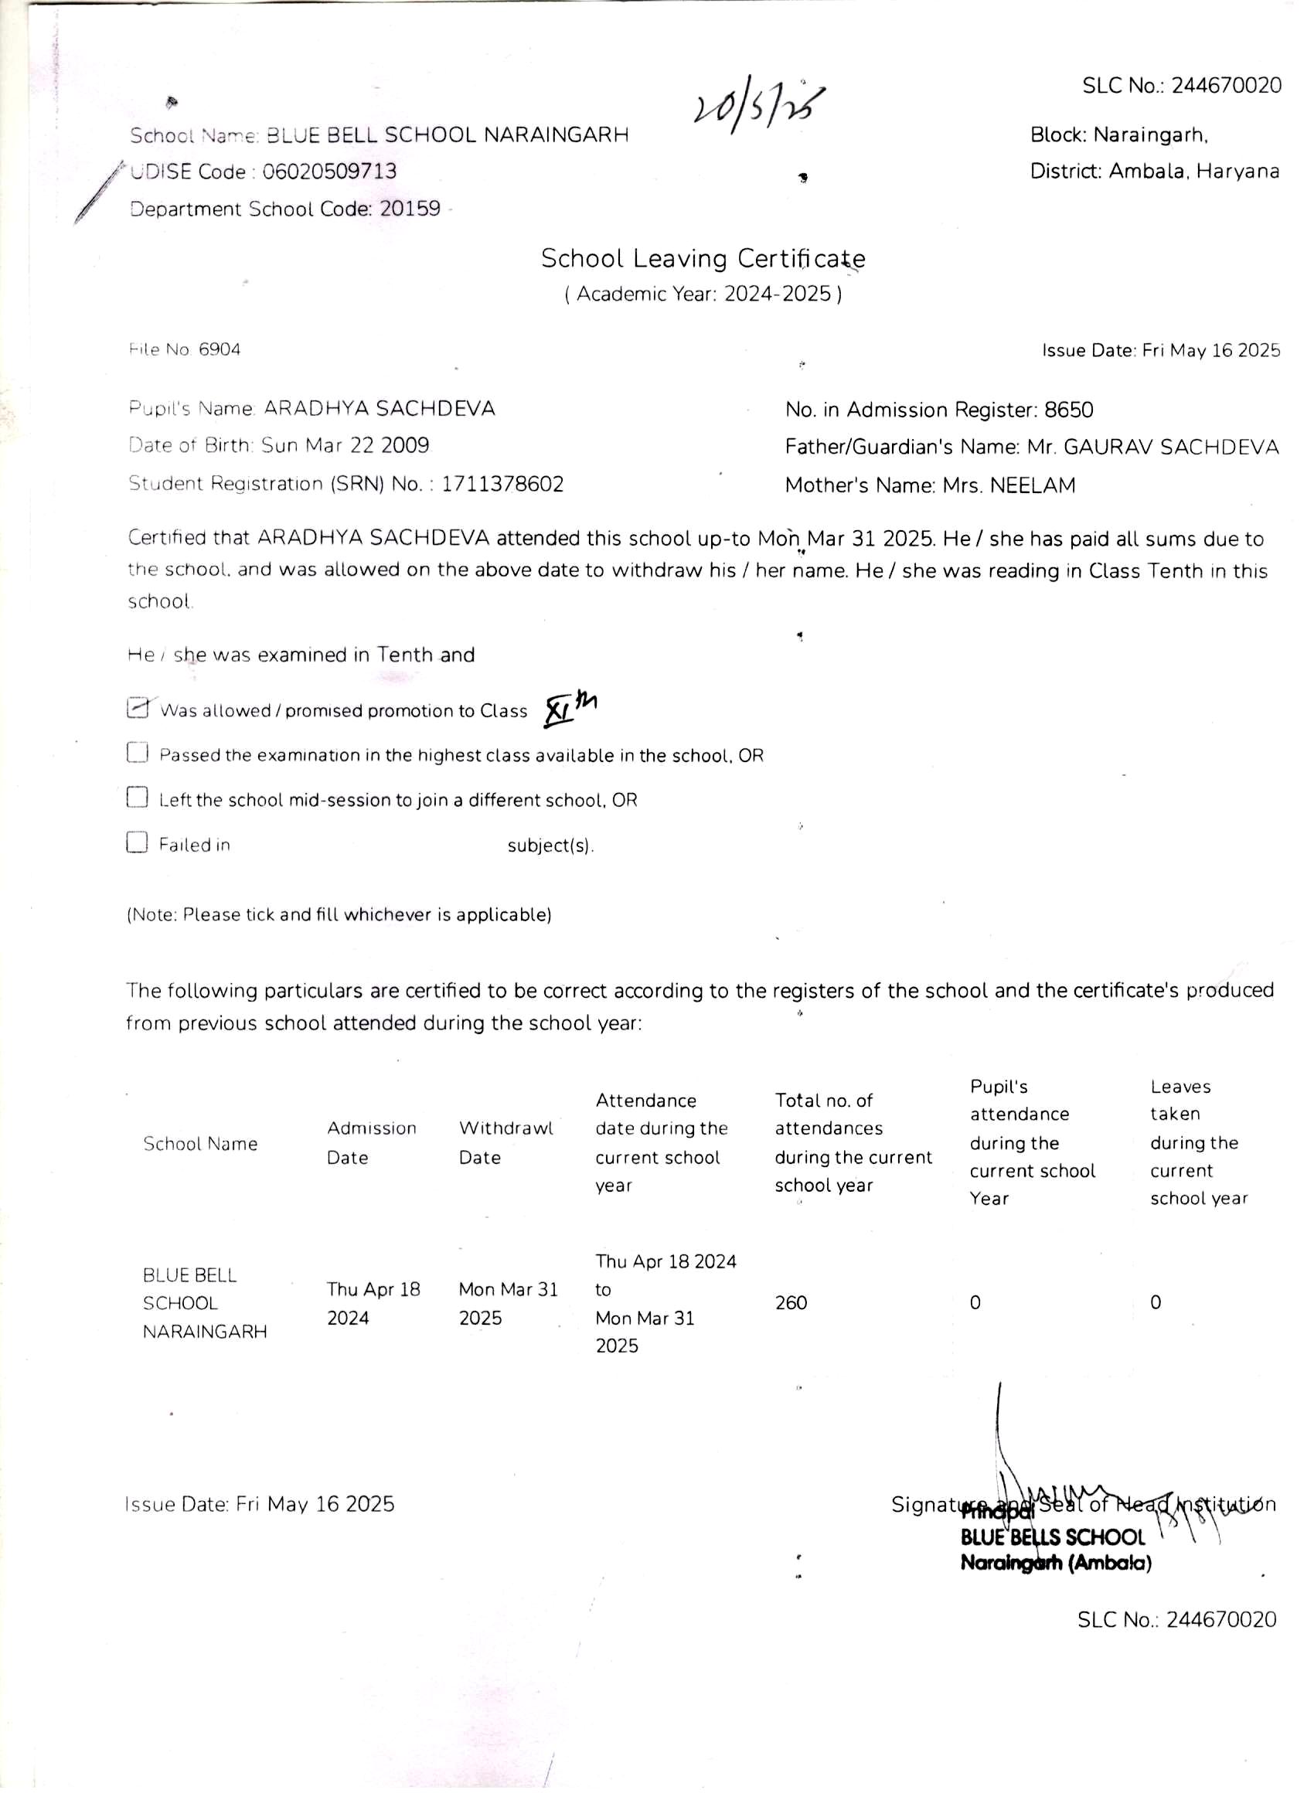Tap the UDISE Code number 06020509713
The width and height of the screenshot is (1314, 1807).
[329, 172]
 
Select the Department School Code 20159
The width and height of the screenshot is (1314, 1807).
[410, 209]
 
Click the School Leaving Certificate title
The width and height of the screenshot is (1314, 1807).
[703, 258]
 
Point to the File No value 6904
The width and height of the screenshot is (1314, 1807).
[220, 349]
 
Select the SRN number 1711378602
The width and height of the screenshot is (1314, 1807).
[503, 484]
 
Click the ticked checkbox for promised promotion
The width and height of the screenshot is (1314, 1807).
[138, 707]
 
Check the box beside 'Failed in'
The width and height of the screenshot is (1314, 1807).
[137, 842]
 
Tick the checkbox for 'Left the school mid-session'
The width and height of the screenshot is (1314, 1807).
[137, 798]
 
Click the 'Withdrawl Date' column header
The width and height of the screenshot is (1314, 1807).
[506, 1142]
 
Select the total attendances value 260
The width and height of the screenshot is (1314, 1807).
[791, 1302]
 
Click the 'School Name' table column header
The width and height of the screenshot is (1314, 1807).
[200, 1143]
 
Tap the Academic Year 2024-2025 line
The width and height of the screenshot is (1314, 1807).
[703, 294]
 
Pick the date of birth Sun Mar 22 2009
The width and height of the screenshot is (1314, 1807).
[345, 445]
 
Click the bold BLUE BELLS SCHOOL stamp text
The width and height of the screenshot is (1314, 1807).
[1052, 1537]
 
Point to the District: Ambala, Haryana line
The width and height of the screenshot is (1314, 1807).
[1154, 172]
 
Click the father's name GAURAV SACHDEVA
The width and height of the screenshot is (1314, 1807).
[1170, 447]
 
